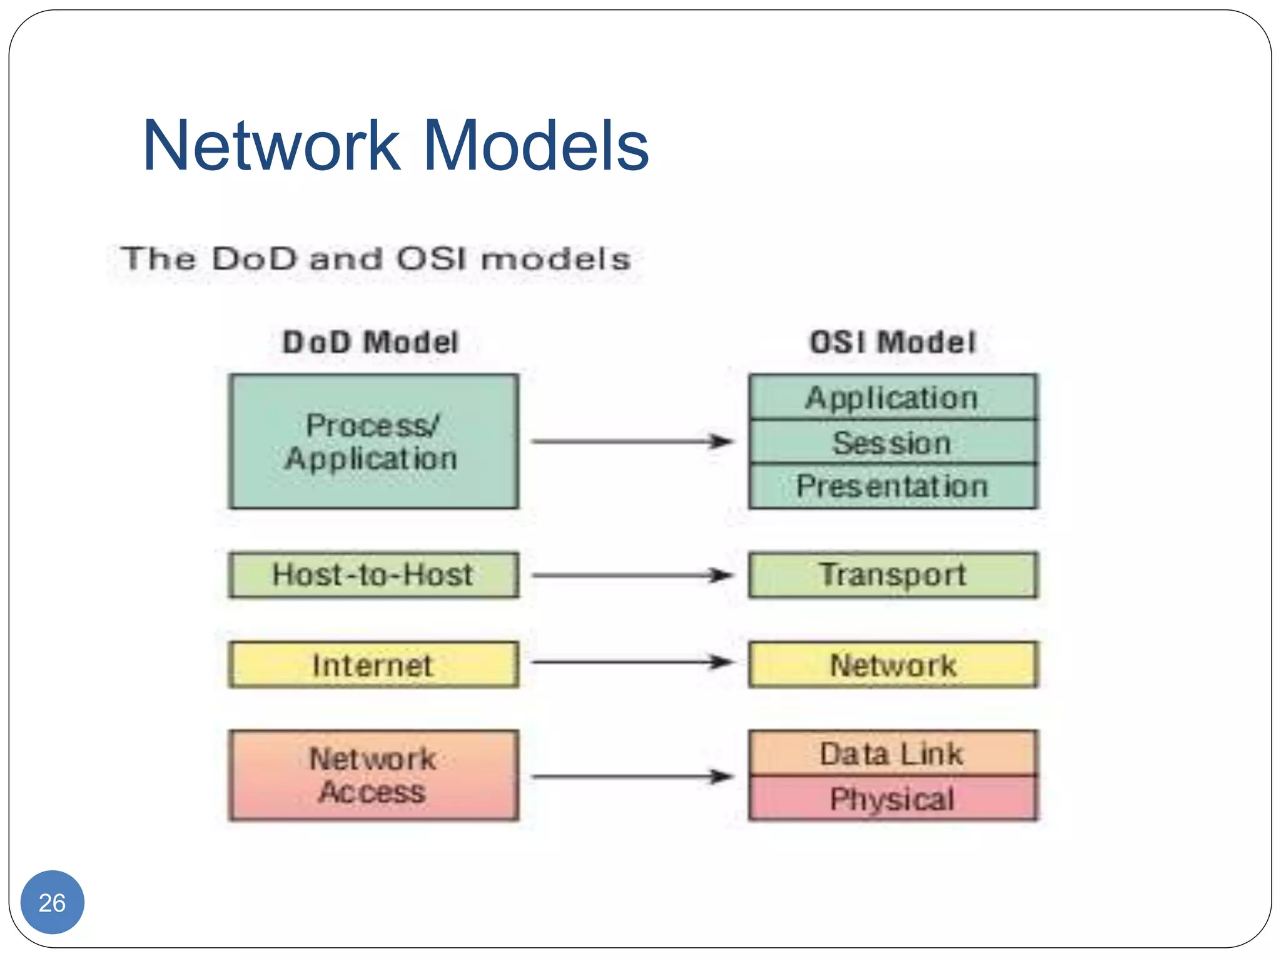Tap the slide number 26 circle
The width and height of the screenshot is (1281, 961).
(x=53, y=902)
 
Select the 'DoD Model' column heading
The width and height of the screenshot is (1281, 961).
(x=370, y=342)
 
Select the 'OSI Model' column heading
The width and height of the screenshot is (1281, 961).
(x=893, y=342)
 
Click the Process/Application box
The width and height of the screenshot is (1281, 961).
(x=373, y=442)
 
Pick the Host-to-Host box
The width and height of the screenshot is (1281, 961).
(x=373, y=575)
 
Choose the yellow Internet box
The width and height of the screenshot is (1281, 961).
(x=373, y=664)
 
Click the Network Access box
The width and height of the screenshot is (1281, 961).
(x=373, y=775)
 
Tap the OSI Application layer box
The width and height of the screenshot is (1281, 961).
(x=893, y=397)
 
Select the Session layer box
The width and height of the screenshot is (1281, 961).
(x=893, y=442)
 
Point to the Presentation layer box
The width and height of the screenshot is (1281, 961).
(x=893, y=486)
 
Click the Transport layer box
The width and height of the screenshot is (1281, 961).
(x=893, y=575)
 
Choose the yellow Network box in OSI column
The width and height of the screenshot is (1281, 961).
(x=893, y=664)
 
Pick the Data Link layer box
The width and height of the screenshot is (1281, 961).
(x=893, y=753)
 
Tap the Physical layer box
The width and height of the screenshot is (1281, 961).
(x=893, y=798)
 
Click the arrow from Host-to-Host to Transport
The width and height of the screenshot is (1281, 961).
(x=632, y=575)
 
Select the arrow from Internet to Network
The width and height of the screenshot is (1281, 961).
(x=632, y=662)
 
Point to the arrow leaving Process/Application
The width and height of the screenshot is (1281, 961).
(x=632, y=442)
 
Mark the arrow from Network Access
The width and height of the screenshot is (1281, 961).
(x=632, y=777)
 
